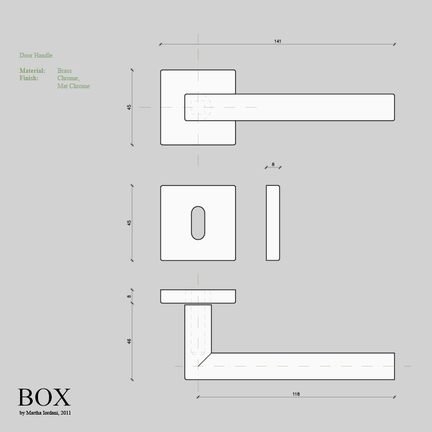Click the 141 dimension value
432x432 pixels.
tap(277, 41)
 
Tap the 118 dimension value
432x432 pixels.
tap(296, 394)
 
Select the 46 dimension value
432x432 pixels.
tap(129, 341)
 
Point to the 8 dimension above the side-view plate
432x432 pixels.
tap(273, 164)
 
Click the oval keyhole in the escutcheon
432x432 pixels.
tap(198, 223)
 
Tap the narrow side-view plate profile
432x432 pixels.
tap(273, 223)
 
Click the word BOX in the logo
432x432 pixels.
tap(44, 397)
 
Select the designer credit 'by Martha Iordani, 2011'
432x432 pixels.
tap(45, 412)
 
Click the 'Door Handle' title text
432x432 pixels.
tap(36, 55)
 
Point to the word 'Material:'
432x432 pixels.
tap(32, 71)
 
